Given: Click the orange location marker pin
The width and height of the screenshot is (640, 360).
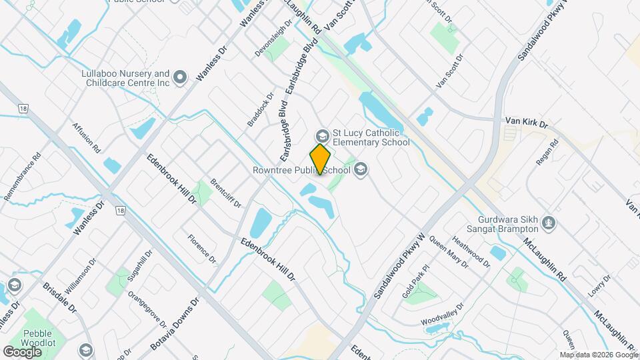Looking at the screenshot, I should pos(321,159).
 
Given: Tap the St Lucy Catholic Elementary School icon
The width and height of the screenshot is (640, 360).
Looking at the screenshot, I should pos(322,136).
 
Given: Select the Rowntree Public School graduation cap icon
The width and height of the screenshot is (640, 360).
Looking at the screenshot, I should pos(361,169).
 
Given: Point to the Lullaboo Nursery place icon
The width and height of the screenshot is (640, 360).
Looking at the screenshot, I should pos(179,79).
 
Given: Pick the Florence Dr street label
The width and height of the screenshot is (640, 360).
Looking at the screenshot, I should pos(202,248).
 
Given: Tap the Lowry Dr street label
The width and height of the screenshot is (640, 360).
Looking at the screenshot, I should pos(599,287).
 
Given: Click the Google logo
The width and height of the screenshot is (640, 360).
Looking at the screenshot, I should pos(22,351).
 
